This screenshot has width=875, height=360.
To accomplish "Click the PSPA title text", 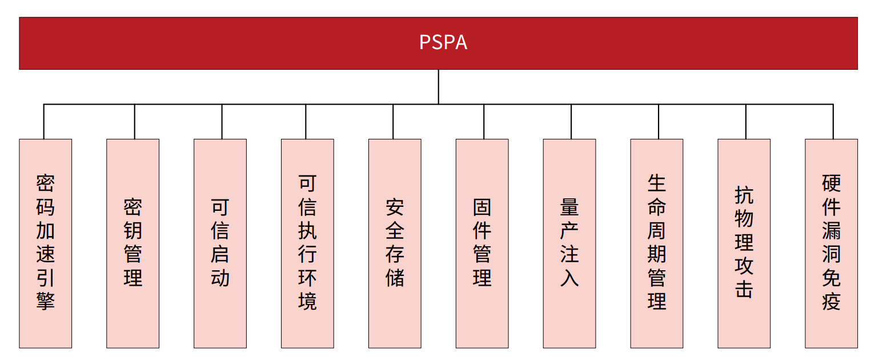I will [443, 43].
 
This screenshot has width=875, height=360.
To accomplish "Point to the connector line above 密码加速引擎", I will [44, 122].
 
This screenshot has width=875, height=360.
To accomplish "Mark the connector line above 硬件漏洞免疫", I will [833, 122].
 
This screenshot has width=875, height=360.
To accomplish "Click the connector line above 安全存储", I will [393, 122].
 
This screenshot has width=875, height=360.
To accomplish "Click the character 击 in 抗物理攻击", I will [744, 289].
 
